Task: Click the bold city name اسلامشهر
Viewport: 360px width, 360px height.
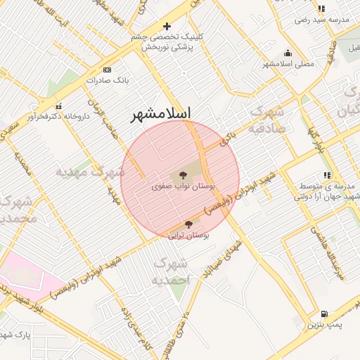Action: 162,114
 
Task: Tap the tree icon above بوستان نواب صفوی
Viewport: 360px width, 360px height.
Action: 183,174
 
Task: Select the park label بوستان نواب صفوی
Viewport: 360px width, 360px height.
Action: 183,187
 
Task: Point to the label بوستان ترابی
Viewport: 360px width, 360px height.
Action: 190,236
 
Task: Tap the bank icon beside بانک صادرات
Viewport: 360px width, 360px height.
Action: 107,70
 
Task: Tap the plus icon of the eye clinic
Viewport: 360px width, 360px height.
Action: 167,26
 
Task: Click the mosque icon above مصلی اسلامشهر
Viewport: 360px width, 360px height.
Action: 288,53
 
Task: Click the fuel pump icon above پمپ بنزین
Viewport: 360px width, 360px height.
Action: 323,314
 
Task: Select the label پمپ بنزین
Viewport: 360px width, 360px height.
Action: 324,326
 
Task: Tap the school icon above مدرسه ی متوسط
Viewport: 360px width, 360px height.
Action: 327,175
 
